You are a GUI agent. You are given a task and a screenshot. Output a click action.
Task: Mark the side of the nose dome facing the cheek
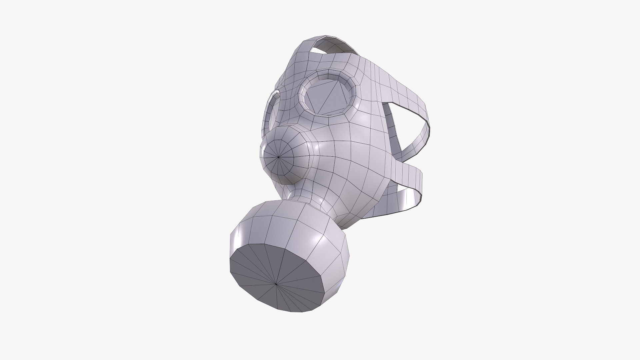point(305,167)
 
